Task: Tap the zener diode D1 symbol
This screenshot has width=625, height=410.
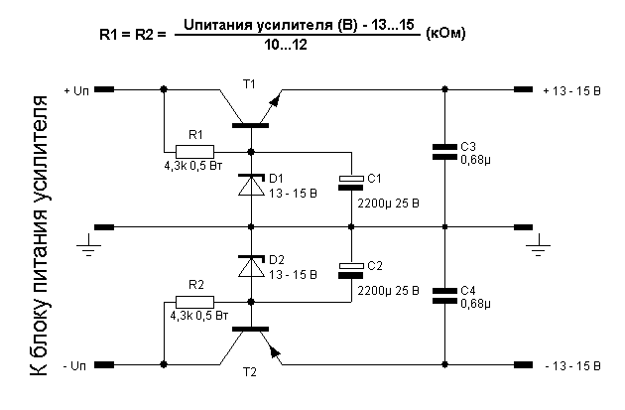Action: [x=251, y=184]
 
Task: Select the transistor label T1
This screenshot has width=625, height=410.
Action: [x=249, y=83]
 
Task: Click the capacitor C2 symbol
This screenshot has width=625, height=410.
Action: [x=351, y=268]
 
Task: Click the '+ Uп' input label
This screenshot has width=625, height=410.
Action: [x=75, y=90]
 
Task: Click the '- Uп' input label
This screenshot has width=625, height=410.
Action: [x=75, y=366]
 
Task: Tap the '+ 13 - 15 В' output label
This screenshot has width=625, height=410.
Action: [x=572, y=90]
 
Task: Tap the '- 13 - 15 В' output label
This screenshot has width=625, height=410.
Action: [x=572, y=366]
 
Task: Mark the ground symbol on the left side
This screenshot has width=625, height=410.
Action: [x=90, y=244]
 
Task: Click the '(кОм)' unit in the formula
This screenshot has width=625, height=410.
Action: [x=445, y=33]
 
